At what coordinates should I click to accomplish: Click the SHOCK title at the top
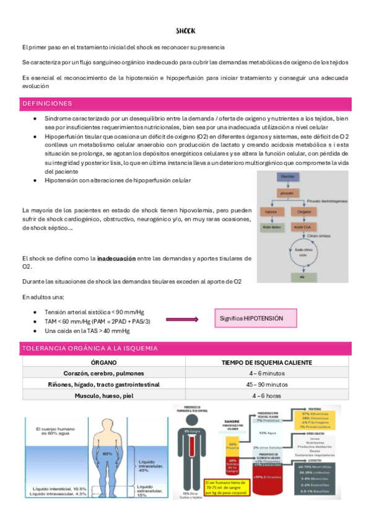[x=185, y=30]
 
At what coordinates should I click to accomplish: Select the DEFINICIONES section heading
[x=47, y=104]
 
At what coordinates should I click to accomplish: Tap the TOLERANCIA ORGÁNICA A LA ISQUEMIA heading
[x=90, y=349]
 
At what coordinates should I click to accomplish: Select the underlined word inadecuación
[x=116, y=258]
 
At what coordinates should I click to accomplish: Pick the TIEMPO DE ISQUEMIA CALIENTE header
[x=267, y=362]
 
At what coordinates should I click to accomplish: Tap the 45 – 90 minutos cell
[x=267, y=385]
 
